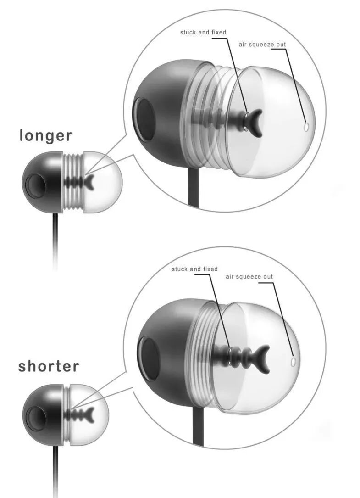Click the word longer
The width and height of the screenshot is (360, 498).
(46, 135)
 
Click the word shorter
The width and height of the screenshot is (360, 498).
(49, 366)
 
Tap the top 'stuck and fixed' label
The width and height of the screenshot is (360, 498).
(203, 32)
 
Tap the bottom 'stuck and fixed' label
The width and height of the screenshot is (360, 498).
(194, 269)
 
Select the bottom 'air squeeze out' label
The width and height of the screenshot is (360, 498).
(249, 276)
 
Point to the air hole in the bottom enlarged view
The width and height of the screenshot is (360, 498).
(294, 362)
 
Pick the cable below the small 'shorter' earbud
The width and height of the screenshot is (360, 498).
(55, 468)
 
